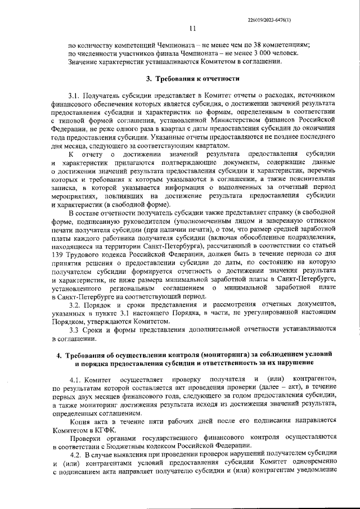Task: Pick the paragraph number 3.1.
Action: click(75, 96)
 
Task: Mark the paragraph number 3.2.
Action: click(75, 304)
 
